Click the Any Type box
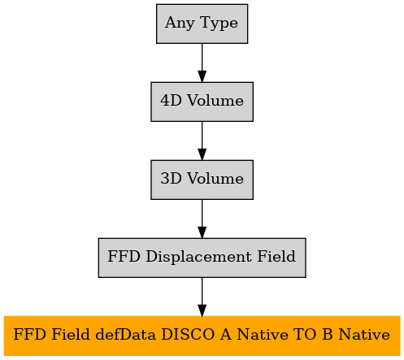pyautogui.click(x=202, y=24)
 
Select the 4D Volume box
pyautogui.click(x=202, y=102)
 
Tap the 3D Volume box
pyautogui.click(x=202, y=180)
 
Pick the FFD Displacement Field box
pyautogui.click(x=202, y=258)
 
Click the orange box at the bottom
pyautogui.click(x=202, y=336)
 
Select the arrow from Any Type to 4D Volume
pyautogui.click(x=202, y=63)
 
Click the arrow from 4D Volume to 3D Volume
pyautogui.click(x=202, y=141)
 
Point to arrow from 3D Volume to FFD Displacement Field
pyautogui.click(x=202, y=219)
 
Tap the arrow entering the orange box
pyautogui.click(x=202, y=297)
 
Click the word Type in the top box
pyautogui.click(x=219, y=23)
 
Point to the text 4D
pyautogui.click(x=171, y=100)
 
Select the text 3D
pyautogui.click(x=171, y=178)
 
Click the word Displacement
pyautogui.click(x=199, y=257)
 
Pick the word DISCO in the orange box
pyautogui.click(x=188, y=335)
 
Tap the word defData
pyautogui.click(x=126, y=335)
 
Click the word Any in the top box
pyautogui.click(x=180, y=23)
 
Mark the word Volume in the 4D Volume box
pyautogui.click(x=215, y=100)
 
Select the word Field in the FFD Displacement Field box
pyautogui.click(x=276, y=256)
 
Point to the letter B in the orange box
pyautogui.click(x=328, y=335)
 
